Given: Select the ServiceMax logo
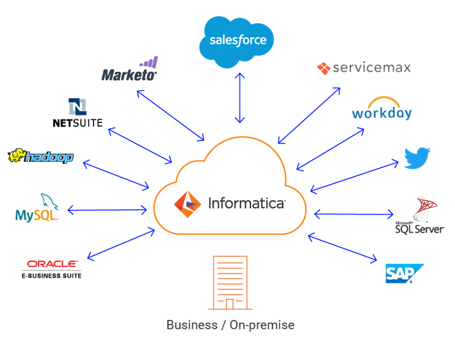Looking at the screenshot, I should point(364,67).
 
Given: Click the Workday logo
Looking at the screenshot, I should point(381,109).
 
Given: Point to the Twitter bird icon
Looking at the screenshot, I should point(417,157).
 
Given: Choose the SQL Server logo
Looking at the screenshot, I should point(420,215).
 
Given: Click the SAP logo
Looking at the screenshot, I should point(405,273).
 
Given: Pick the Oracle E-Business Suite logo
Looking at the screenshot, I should point(52,268).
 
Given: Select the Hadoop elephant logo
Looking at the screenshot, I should point(41,156).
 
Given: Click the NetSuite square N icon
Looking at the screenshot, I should point(77,107).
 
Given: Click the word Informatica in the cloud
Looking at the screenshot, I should point(246,203).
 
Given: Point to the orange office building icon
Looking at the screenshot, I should point(229,283).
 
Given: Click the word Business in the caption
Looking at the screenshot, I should point(192,325).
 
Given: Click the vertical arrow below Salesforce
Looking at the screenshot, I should point(241,97).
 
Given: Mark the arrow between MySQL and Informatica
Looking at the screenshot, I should point(107,210).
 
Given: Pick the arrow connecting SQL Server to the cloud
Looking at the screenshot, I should point(353,213).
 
